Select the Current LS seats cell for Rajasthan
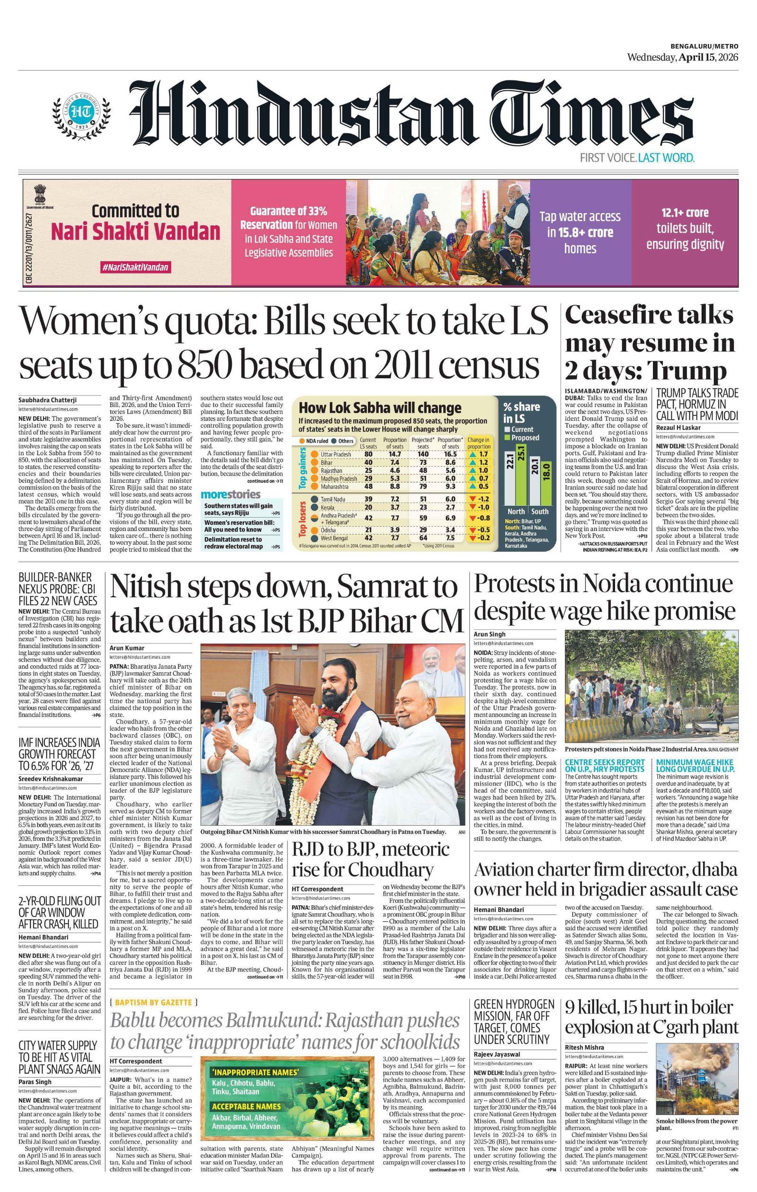(369, 470)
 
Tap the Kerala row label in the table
(327, 507)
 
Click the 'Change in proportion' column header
(479, 442)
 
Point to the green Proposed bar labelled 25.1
(521, 475)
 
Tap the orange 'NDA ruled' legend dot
(301, 441)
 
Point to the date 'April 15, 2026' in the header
(708, 57)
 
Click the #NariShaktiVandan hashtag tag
(135, 268)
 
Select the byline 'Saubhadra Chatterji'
(47, 400)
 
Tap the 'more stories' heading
(230, 494)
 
